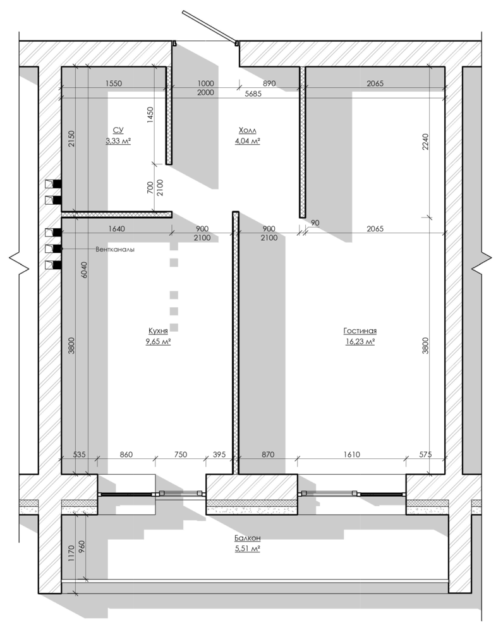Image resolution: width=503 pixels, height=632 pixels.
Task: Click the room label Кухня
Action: (x=158, y=331)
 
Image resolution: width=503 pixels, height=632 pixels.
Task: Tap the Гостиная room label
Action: (x=360, y=331)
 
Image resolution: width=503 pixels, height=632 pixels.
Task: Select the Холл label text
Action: (x=248, y=130)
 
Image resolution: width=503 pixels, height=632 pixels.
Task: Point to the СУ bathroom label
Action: (x=118, y=130)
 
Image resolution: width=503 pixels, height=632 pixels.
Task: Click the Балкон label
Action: (x=248, y=538)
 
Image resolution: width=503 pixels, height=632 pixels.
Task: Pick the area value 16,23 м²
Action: (x=360, y=342)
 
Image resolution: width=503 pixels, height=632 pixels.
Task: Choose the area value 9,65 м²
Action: (x=158, y=342)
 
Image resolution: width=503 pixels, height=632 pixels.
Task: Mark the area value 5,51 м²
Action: (x=248, y=549)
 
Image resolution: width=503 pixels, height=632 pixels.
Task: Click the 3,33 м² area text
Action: (x=118, y=141)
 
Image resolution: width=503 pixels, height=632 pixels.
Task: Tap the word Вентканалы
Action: (x=115, y=250)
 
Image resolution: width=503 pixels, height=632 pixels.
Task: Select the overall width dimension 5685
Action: (x=253, y=94)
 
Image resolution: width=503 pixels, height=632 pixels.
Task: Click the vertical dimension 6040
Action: (x=84, y=270)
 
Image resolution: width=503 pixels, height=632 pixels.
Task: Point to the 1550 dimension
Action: (x=114, y=83)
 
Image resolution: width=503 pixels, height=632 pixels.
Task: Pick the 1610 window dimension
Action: (x=352, y=454)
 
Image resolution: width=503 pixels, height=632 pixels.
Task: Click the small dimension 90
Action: (x=315, y=223)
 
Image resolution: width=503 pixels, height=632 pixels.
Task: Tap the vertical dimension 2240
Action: (x=426, y=142)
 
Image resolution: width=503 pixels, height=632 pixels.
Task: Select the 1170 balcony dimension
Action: (x=71, y=554)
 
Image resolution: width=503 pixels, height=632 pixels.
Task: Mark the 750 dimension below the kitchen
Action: (x=181, y=454)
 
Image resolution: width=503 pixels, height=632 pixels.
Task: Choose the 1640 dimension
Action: (x=116, y=229)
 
